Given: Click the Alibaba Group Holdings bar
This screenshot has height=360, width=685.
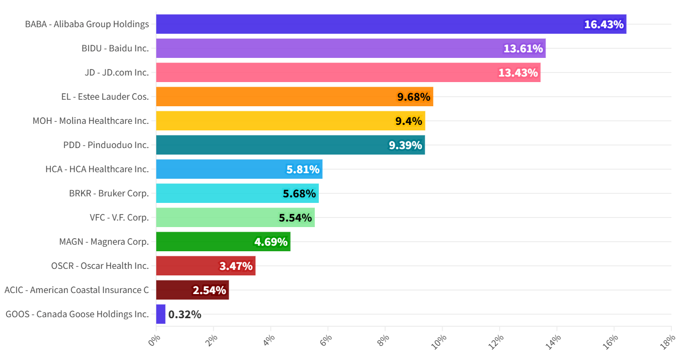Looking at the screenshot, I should click(x=391, y=24).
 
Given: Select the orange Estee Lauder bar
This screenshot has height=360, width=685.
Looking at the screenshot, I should click(x=294, y=97).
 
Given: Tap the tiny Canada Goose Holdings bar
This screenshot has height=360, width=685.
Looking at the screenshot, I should click(x=161, y=314).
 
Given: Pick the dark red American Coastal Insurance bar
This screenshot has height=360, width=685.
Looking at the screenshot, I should click(x=192, y=290).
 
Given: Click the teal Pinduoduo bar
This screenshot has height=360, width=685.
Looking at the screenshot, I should click(x=290, y=145).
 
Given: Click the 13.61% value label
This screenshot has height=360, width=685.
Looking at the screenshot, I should click(x=523, y=48).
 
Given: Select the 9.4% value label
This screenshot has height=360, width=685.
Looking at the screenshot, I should click(x=408, y=121).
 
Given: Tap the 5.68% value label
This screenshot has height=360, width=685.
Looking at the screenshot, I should click(x=299, y=193).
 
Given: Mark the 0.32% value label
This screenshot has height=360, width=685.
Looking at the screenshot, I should click(x=185, y=314).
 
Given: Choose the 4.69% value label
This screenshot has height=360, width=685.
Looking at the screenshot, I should click(x=271, y=242).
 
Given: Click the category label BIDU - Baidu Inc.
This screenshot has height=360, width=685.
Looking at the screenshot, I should click(x=115, y=48).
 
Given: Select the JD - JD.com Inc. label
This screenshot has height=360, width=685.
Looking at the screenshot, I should click(x=117, y=73).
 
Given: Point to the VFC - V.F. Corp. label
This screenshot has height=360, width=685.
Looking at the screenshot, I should click(x=119, y=218).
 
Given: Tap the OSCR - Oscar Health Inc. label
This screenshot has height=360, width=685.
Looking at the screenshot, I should click(x=100, y=266).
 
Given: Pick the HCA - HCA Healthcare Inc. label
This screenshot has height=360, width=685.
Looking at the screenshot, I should click(x=97, y=169).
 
